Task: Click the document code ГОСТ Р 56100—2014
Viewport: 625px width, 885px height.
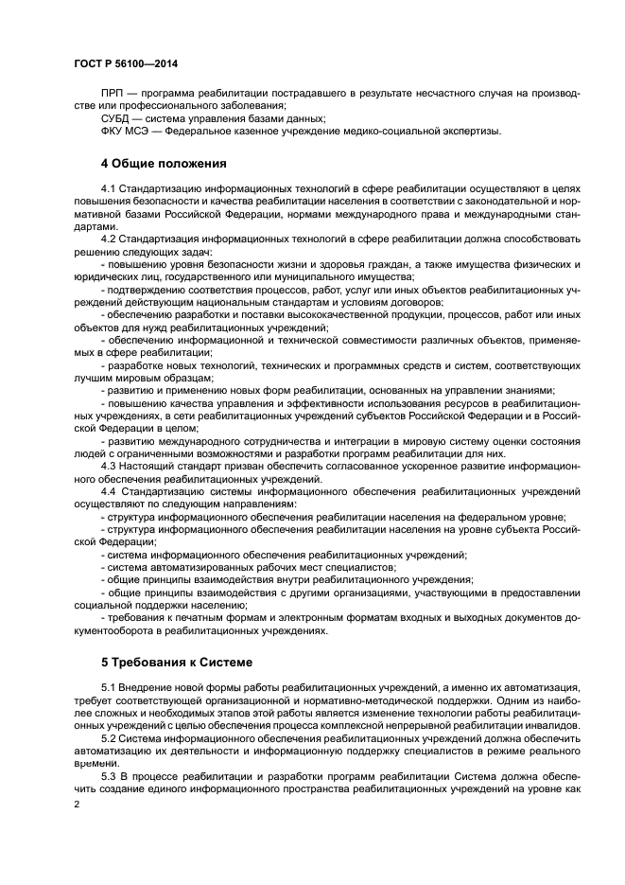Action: click(x=125, y=63)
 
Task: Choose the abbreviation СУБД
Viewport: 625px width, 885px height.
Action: click(x=115, y=118)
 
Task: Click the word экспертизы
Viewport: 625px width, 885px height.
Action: click(x=468, y=132)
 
